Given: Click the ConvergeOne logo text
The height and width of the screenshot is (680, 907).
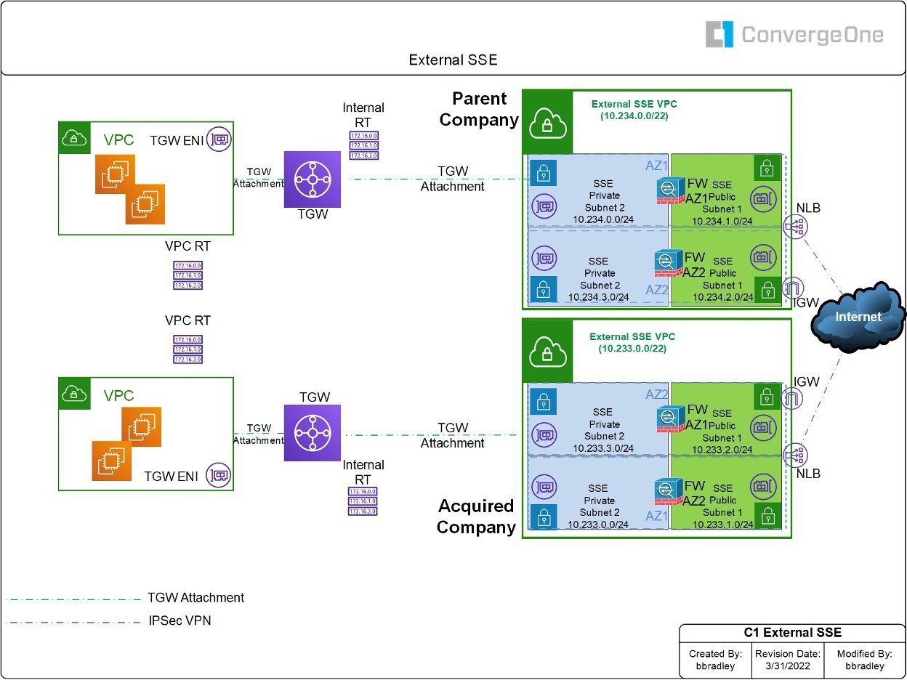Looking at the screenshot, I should pyautogui.click(x=812, y=35).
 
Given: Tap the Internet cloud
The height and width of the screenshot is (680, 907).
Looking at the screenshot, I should pyautogui.click(x=858, y=317).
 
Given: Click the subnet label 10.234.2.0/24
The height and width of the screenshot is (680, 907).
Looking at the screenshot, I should pyautogui.click(x=722, y=296).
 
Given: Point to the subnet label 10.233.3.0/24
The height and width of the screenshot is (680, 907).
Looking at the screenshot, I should pyautogui.click(x=603, y=448).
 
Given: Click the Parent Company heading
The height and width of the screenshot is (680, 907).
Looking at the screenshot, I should pyautogui.click(x=479, y=109).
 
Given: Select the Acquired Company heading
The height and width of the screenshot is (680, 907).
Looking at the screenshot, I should pyautogui.click(x=476, y=517).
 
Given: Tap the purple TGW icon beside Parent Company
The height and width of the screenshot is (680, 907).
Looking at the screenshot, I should pyautogui.click(x=313, y=179).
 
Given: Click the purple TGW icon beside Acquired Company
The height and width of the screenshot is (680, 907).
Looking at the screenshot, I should pyautogui.click(x=313, y=434).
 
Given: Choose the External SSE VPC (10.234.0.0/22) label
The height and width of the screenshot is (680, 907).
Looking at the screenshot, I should pyautogui.click(x=634, y=110).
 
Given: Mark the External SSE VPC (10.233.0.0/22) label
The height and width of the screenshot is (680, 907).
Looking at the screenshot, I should pyautogui.click(x=632, y=342).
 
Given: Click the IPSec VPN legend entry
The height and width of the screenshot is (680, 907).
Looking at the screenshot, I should pyautogui.click(x=179, y=620).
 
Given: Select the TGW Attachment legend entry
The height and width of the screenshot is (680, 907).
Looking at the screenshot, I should pyautogui.click(x=195, y=598).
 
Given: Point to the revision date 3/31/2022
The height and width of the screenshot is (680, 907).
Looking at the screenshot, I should pyautogui.click(x=788, y=665).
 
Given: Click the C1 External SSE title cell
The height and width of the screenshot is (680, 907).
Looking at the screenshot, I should pyautogui.click(x=792, y=633).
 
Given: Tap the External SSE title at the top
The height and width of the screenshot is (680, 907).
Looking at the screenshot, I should pyautogui.click(x=453, y=60).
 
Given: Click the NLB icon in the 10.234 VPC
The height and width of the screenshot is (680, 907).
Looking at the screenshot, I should pyautogui.click(x=794, y=227).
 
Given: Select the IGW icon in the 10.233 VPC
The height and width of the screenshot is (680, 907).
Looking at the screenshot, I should pyautogui.click(x=794, y=398).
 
